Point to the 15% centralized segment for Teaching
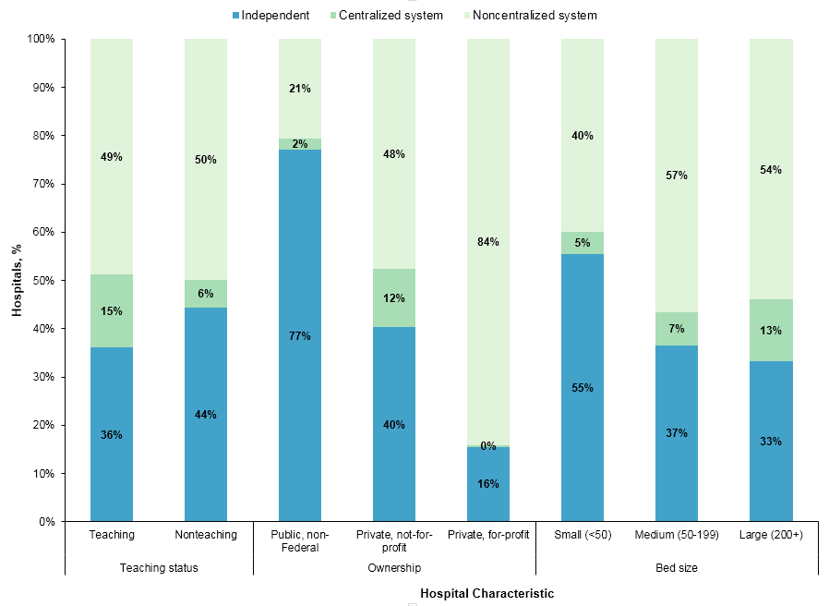(x=112, y=310)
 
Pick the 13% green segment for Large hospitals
(x=771, y=330)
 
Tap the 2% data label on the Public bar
(x=300, y=144)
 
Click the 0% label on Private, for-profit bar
(x=488, y=446)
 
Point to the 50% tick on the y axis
(x=42, y=281)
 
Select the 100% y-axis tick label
(x=41, y=40)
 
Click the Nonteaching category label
(x=206, y=535)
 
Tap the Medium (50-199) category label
(x=677, y=535)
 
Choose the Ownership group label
(x=394, y=568)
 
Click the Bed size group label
(x=677, y=568)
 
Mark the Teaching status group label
(x=159, y=568)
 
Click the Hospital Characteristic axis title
(x=487, y=594)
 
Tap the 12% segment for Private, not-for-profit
(x=394, y=298)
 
